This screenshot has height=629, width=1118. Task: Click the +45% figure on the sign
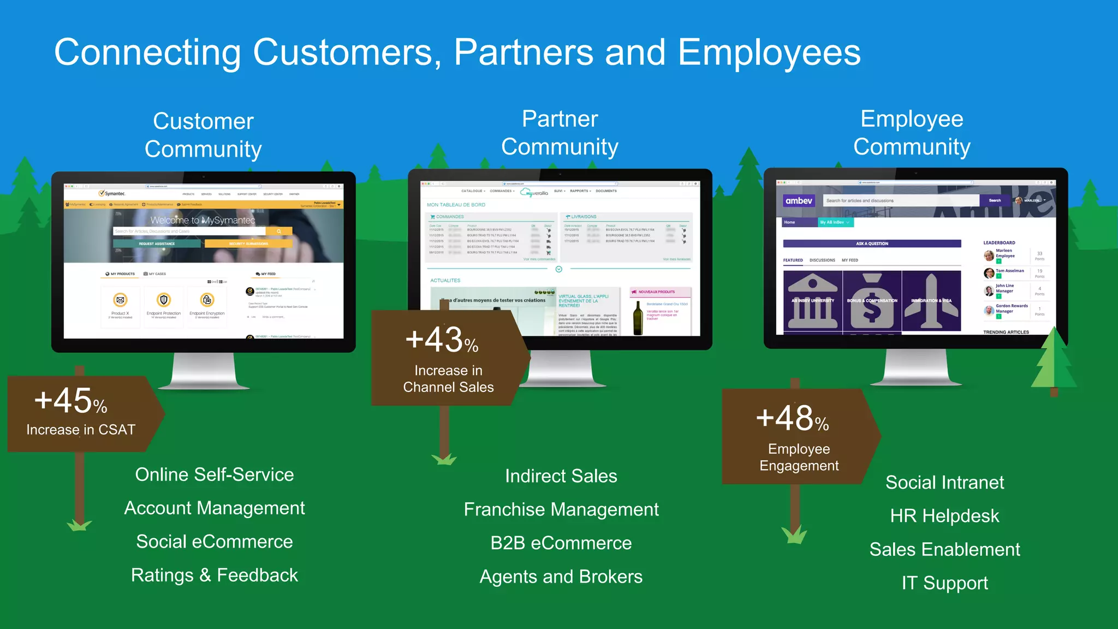[70, 401]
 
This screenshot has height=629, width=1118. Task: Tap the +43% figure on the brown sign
[442, 340]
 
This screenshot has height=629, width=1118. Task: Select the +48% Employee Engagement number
[792, 419]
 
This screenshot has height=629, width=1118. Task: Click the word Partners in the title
[523, 52]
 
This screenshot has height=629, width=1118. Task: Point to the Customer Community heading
[203, 135]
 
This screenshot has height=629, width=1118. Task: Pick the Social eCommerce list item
[215, 542]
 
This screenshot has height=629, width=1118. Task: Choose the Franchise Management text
[561, 509]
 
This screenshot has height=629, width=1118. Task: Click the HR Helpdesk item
[944, 516]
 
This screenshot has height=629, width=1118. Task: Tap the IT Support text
[944, 583]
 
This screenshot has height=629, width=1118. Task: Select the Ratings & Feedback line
[215, 575]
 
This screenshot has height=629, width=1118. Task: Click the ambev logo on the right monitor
[799, 201]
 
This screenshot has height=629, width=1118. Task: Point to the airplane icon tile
[931, 300]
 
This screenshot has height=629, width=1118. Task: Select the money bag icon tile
[872, 300]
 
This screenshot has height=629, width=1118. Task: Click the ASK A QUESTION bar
[872, 244]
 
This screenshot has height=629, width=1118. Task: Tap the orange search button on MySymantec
[279, 232]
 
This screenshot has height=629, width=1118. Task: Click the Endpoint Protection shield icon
[164, 300]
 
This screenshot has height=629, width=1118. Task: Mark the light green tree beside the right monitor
[1054, 363]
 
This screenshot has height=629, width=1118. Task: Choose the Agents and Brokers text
[561, 577]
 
